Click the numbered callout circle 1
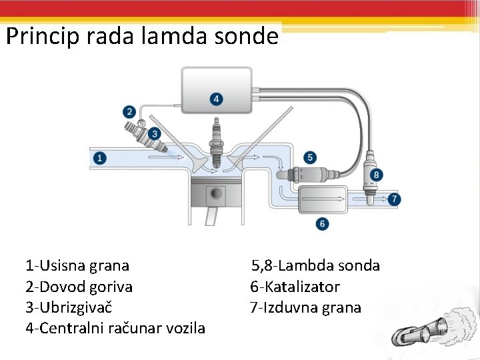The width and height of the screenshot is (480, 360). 99,158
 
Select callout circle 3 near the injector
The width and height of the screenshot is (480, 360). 155,134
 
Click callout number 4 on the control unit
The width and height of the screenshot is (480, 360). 215,99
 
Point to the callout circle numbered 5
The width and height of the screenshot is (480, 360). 310,157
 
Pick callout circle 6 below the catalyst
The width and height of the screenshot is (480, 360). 323,223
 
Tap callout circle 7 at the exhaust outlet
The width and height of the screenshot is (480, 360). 395,199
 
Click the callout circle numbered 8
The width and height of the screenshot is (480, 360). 377,175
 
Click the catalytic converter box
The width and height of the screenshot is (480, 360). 323,199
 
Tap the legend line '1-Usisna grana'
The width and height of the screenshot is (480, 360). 77,266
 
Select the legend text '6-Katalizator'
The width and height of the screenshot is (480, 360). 295,287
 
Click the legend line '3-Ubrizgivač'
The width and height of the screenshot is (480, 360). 69,308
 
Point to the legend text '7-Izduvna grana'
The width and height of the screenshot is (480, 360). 305,308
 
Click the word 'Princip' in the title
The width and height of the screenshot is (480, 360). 43,36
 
